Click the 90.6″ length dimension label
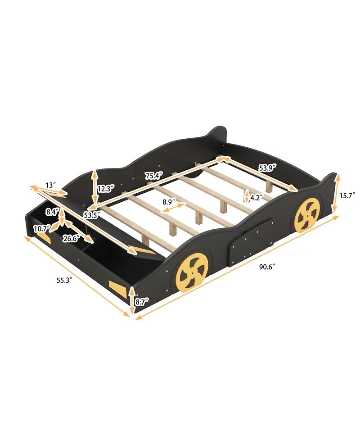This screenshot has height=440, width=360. point(267,266)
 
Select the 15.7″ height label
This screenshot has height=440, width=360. point(348,195)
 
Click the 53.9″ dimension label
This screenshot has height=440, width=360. point(267,168)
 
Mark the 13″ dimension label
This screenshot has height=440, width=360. point(50,185)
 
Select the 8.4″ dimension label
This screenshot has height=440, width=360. point(52,211)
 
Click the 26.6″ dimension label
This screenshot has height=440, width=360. point(72,237)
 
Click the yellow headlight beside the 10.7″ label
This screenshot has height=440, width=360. point(44,236)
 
